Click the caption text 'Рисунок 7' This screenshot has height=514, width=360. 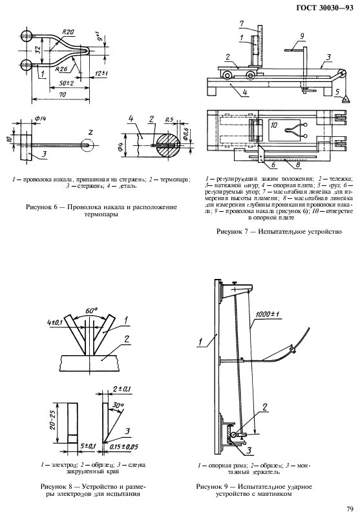(x=236, y=230)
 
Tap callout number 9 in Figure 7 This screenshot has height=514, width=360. (x=301, y=36)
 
